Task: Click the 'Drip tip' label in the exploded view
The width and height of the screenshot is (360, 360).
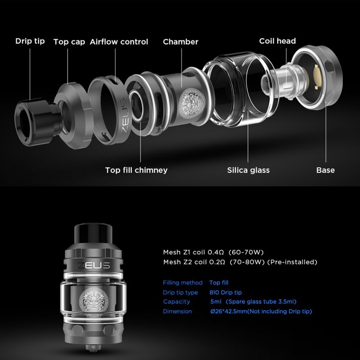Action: click(x=30, y=41)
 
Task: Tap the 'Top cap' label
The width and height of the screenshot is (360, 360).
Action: click(x=69, y=42)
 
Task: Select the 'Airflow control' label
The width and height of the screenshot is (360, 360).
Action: click(x=119, y=42)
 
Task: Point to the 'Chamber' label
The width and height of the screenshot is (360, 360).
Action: click(x=180, y=42)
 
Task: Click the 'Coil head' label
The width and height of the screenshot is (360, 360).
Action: click(x=277, y=41)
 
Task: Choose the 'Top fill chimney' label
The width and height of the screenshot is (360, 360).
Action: click(x=136, y=170)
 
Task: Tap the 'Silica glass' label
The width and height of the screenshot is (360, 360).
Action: click(x=248, y=170)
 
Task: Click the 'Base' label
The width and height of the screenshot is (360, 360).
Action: click(x=325, y=170)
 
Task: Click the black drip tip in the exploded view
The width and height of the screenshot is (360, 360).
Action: click(x=37, y=121)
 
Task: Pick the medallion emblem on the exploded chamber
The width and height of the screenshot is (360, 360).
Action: click(x=192, y=103)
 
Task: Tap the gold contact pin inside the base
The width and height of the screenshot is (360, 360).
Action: click(x=317, y=76)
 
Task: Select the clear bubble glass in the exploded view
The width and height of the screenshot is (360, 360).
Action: click(x=241, y=89)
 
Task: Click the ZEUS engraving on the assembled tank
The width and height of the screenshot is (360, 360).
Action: click(x=93, y=265)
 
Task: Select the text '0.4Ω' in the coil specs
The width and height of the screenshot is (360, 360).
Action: click(x=216, y=252)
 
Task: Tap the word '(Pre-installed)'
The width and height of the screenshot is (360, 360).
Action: click(x=292, y=262)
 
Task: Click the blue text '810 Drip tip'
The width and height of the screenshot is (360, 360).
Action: click(x=225, y=292)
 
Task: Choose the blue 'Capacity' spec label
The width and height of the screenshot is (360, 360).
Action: click(x=176, y=301)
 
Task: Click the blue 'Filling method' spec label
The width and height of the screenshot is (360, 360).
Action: click(x=183, y=283)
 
